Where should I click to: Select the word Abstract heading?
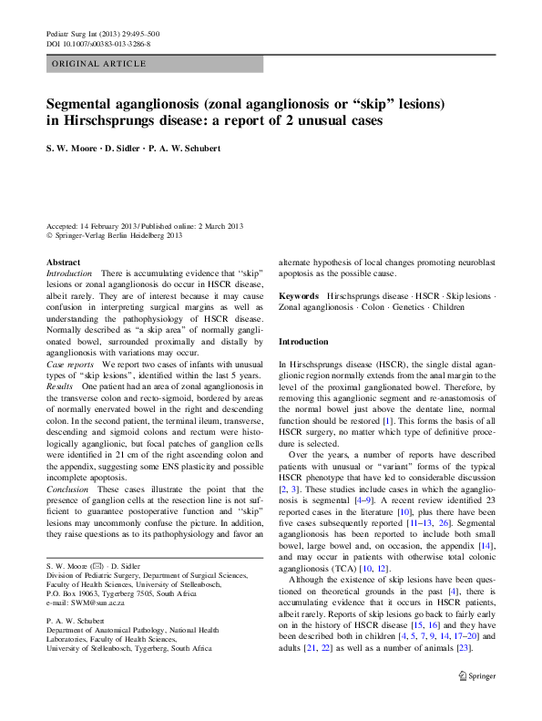point(63,262)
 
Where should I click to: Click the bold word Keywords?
point(299,296)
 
